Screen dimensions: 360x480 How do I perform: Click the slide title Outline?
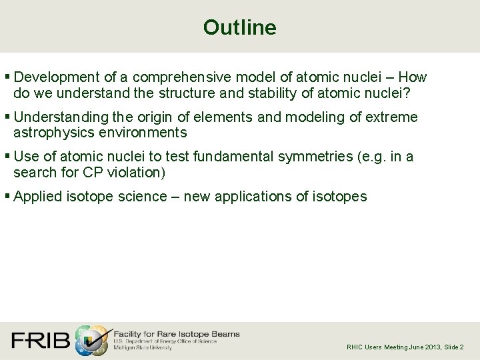coord(239,27)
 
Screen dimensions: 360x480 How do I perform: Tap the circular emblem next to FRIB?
coord(91,340)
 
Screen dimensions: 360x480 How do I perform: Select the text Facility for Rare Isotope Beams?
coord(177,333)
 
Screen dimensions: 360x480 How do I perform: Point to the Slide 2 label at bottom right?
coord(453,347)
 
